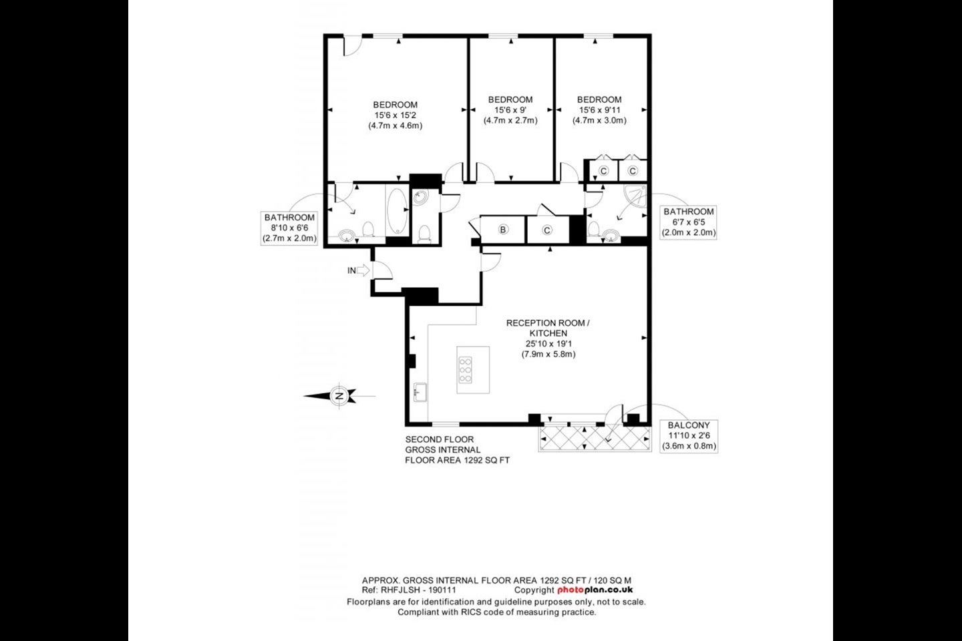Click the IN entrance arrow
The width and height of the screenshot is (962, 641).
tap(363, 270)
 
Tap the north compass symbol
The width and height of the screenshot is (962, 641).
tap(339, 396)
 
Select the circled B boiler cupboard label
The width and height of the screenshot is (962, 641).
tap(503, 229)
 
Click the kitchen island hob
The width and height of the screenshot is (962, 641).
tap(466, 370)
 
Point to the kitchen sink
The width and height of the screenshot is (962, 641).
tap(420, 392)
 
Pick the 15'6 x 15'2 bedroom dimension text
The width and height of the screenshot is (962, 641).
tap(395, 115)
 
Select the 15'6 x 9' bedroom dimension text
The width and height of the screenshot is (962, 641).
tap(510, 110)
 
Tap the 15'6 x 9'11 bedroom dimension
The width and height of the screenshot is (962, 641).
tap(599, 110)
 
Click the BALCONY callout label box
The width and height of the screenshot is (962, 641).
tap(689, 435)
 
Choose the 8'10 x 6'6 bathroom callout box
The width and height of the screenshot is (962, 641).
tap(289, 228)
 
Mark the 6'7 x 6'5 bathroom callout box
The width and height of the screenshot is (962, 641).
tap(688, 222)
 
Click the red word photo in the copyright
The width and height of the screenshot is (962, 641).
tap(571, 590)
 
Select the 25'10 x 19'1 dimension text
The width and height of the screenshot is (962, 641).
tap(548, 343)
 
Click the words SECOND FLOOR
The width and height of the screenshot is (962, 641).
tap(440, 439)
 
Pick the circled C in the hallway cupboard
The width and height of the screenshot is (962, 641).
tap(546, 230)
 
